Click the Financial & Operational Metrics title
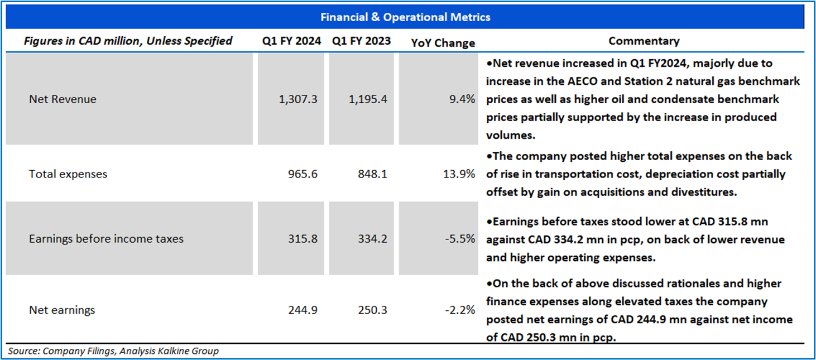(405, 17)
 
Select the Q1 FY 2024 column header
(292, 41)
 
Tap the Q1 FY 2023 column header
(361, 41)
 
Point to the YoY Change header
(443, 43)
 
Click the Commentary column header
(644, 41)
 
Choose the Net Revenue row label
(63, 99)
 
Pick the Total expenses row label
(68, 174)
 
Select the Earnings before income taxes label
(106, 239)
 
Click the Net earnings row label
(62, 310)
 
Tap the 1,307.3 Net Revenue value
(299, 99)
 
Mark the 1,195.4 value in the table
(368, 99)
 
